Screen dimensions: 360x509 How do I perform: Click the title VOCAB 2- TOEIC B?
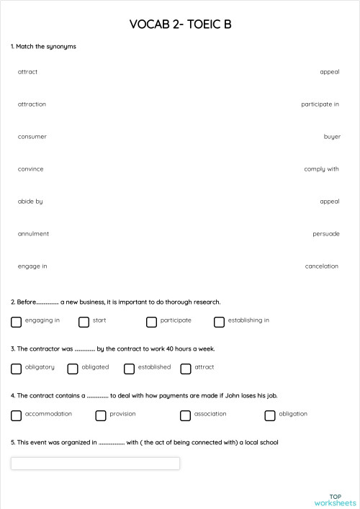(180, 25)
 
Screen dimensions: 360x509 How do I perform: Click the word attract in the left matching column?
(27, 72)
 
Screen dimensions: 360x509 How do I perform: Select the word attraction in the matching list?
(32, 104)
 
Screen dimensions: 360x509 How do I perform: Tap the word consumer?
(32, 137)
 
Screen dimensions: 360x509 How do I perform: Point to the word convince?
(30, 169)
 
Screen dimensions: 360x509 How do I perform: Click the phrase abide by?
(30, 202)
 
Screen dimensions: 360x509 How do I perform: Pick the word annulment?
(33, 234)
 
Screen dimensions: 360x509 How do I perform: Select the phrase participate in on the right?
(320, 104)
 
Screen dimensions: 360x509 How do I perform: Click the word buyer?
(332, 137)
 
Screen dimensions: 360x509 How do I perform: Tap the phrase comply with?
(321, 169)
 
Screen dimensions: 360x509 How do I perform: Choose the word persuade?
(325, 234)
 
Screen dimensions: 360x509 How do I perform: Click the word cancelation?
(321, 266)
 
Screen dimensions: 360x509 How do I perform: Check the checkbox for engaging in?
(16, 322)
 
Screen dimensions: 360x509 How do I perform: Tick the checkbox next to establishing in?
(219, 322)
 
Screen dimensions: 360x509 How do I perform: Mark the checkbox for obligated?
(73, 369)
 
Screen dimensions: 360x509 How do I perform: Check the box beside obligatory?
(16, 369)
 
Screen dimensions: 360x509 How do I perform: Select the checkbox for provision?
(101, 415)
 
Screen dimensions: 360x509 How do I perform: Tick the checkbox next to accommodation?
(16, 415)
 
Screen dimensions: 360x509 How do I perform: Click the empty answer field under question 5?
(95, 464)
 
